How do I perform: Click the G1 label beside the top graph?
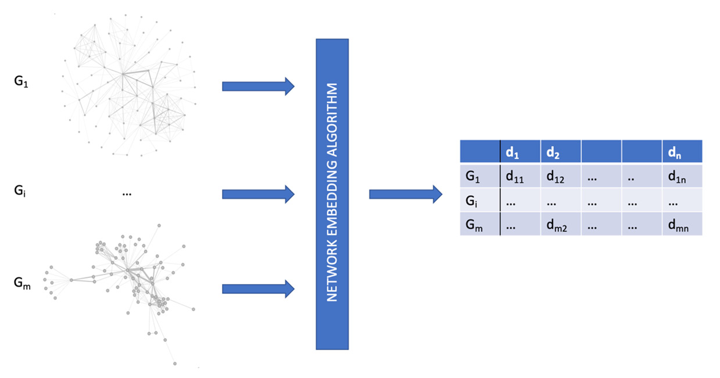(20, 82)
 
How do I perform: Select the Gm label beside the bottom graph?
(22, 283)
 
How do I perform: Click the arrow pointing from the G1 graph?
(258, 87)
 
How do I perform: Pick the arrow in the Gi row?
(258, 194)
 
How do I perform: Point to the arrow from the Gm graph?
(258, 289)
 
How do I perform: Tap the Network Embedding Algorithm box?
(332, 194)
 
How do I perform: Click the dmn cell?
(678, 225)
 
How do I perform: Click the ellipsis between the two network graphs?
(127, 194)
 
